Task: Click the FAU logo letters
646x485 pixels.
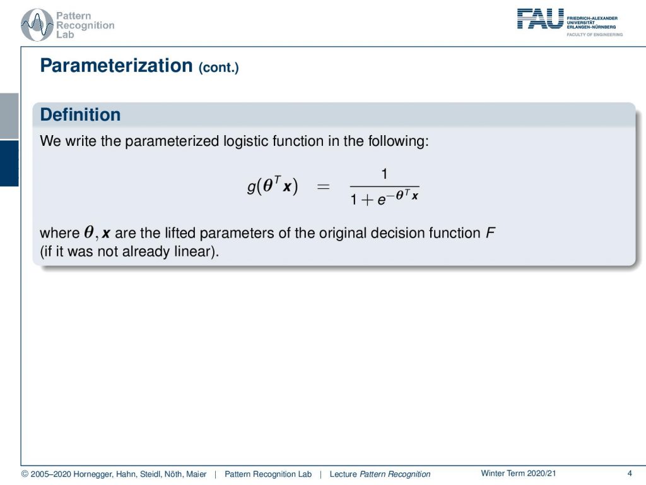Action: [x=540, y=19]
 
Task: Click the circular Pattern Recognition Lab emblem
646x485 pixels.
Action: [x=37, y=25]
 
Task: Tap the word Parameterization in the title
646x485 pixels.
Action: [x=116, y=66]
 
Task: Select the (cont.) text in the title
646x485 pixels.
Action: [x=219, y=67]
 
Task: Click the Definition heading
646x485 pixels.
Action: [x=80, y=115]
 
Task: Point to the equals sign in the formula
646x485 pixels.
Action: [x=323, y=187]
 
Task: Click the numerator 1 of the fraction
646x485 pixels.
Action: [x=384, y=174]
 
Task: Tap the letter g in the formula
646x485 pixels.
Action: [x=251, y=187]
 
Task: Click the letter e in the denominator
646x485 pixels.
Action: [x=382, y=200]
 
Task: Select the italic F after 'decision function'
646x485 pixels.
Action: [x=490, y=233]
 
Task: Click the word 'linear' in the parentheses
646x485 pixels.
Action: [x=192, y=251]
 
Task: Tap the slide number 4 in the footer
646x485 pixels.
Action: [x=630, y=474]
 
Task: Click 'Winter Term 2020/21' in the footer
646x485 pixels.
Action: [x=519, y=474]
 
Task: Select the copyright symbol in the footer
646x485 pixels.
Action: [x=25, y=474]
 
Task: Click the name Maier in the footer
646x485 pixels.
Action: [x=196, y=474]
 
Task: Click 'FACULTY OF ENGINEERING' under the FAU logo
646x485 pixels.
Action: [x=594, y=35]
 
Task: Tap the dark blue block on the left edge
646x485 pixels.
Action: [x=9, y=164]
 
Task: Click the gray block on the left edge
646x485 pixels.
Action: [x=9, y=116]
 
